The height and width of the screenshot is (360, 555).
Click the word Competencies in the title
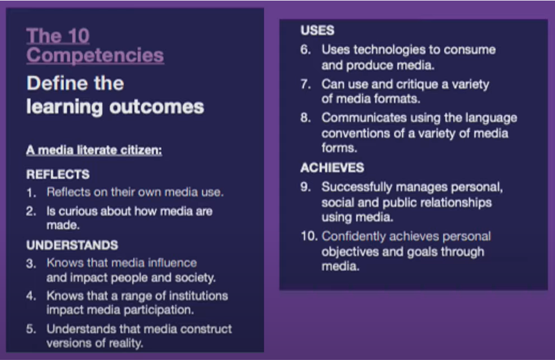click(x=95, y=56)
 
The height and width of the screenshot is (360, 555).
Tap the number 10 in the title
click(x=78, y=36)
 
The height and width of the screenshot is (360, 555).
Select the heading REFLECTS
click(x=58, y=174)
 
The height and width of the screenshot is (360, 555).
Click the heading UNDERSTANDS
click(x=72, y=245)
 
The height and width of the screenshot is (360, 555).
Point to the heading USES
click(x=317, y=30)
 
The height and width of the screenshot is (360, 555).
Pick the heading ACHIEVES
click(x=332, y=168)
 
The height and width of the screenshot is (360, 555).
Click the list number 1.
click(x=31, y=193)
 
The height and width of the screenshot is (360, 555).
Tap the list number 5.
click(x=31, y=329)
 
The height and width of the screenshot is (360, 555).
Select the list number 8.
click(x=305, y=118)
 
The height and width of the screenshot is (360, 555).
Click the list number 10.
click(x=309, y=236)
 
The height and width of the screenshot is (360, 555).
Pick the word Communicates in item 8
click(x=364, y=118)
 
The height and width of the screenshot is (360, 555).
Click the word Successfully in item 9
click(x=357, y=187)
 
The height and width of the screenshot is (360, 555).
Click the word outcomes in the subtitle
click(x=157, y=107)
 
